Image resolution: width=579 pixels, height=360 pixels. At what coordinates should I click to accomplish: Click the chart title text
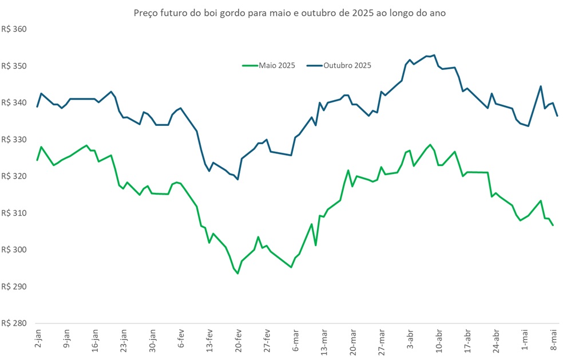click(x=289, y=13)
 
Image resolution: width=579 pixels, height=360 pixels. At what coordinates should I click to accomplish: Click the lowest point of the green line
click(x=237, y=274)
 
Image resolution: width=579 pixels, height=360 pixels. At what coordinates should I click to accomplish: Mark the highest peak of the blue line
click(x=434, y=55)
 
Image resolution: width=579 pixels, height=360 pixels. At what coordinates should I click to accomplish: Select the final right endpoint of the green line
click(x=553, y=226)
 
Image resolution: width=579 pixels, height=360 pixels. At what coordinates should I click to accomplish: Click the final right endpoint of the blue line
click(x=557, y=116)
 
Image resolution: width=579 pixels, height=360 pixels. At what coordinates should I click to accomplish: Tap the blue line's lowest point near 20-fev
click(x=237, y=180)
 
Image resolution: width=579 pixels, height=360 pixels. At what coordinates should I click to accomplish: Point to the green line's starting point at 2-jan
click(x=37, y=160)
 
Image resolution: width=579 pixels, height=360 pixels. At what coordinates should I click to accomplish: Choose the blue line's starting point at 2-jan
click(x=37, y=106)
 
